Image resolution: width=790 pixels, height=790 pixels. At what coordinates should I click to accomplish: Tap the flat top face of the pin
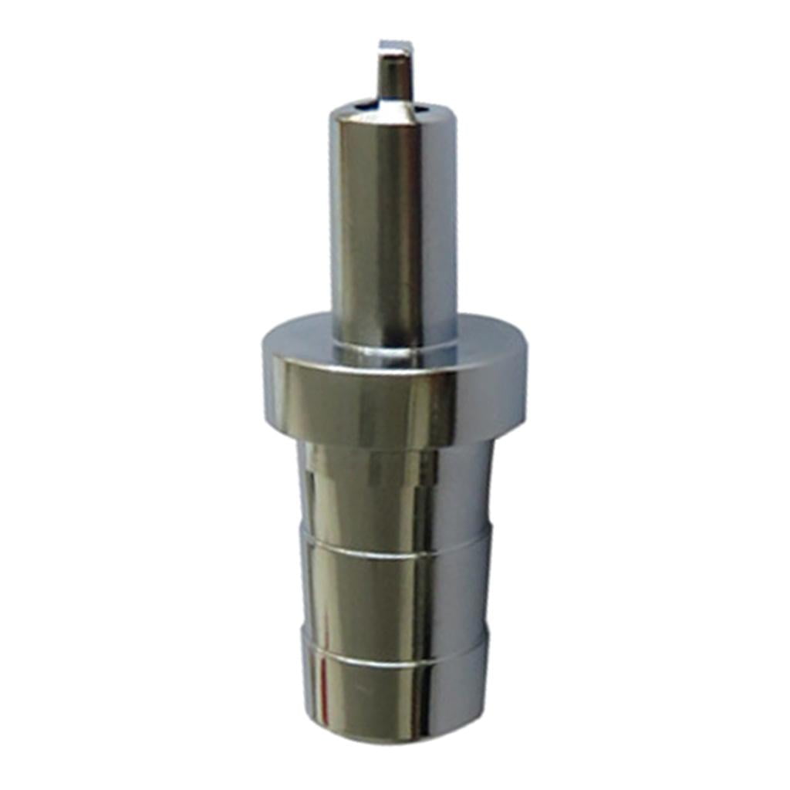396,48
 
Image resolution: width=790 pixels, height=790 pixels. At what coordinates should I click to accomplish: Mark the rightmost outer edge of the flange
526,378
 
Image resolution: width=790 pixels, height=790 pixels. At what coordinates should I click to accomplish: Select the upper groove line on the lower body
393,545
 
